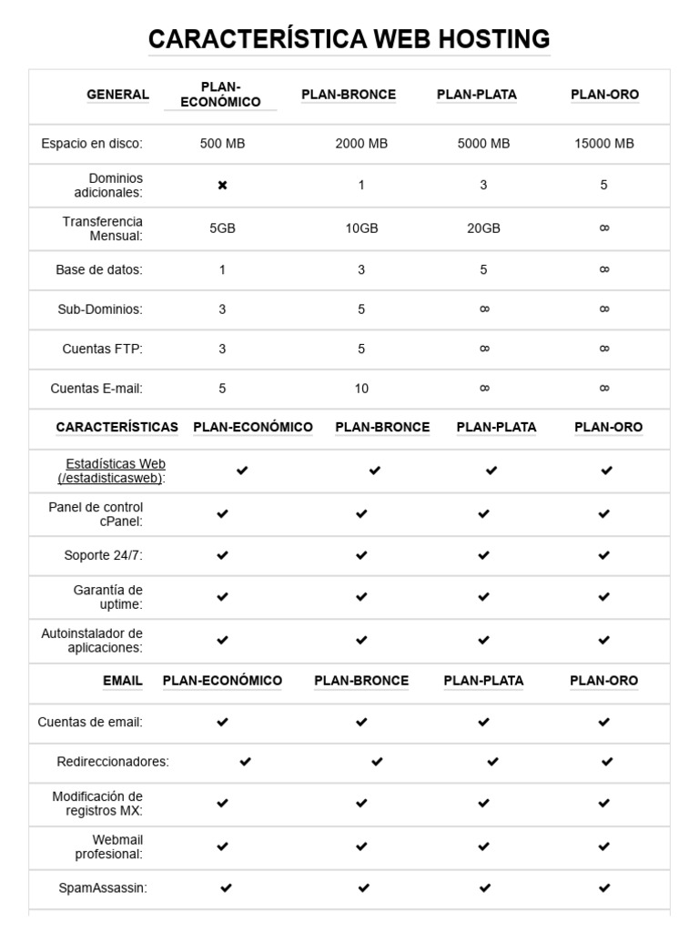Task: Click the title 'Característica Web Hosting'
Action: click(349, 39)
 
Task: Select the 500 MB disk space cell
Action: click(222, 144)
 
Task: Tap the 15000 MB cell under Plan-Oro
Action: click(604, 144)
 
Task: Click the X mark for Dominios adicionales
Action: click(222, 186)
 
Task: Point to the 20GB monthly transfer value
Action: click(483, 228)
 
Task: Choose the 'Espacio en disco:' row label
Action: click(92, 144)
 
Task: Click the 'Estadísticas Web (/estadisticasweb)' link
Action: click(112, 471)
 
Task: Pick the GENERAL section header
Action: click(117, 95)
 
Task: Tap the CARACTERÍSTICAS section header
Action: click(117, 427)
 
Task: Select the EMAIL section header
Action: click(123, 681)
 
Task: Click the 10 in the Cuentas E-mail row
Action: click(361, 389)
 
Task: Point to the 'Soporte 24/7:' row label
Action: click(103, 555)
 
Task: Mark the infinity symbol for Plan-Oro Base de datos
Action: click(604, 269)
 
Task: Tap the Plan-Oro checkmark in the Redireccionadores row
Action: click(607, 762)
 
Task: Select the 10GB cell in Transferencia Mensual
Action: click(361, 228)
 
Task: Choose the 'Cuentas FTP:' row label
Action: click(102, 349)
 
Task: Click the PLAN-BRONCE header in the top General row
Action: click(349, 95)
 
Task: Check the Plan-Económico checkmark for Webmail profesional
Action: click(222, 846)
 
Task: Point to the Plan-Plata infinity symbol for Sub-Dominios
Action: click(484, 309)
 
